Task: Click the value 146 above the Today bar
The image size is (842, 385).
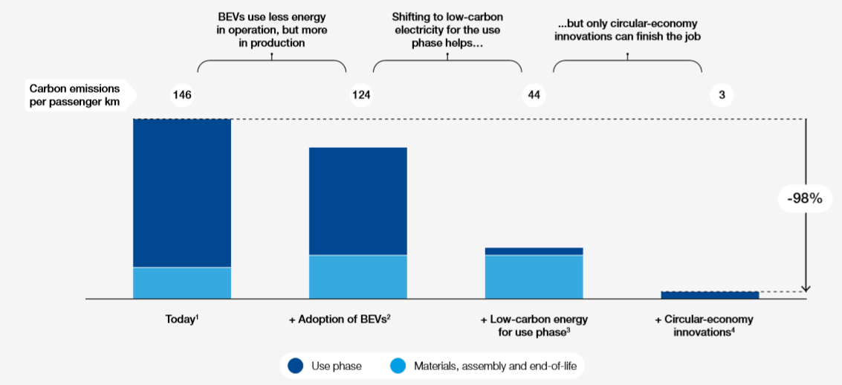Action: coord(183,95)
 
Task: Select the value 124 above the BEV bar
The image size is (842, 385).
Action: coord(361,95)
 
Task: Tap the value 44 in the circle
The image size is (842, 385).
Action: coord(534,95)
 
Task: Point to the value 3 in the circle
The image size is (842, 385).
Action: coord(722,95)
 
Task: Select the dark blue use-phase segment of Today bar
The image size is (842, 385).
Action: coord(182,192)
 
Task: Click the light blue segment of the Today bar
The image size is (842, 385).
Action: coord(182,282)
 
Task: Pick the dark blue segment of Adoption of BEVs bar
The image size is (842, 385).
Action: coord(358,201)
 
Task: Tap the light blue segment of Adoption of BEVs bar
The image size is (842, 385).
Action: coord(358,276)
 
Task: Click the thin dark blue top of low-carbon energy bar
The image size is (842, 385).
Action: coord(534,251)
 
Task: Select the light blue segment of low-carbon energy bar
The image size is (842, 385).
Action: coord(534,276)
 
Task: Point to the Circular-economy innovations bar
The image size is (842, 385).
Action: coord(710,295)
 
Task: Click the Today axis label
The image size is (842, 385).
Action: coord(182,320)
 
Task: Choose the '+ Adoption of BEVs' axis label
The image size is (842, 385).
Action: coord(340,320)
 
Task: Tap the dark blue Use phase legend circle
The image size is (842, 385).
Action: coord(296,366)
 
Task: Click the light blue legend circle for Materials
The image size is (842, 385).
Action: coord(398,366)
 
